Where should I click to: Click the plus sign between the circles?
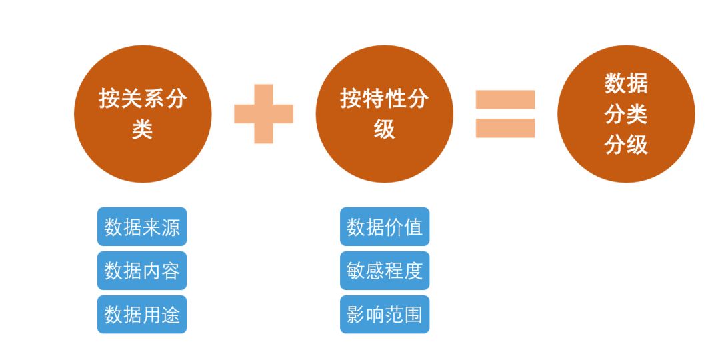(264, 113)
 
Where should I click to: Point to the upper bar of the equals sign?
(505, 99)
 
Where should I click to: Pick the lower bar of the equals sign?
(505, 128)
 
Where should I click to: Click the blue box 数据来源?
(142, 227)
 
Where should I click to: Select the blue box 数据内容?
(142, 271)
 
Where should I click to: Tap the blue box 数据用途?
(142, 314)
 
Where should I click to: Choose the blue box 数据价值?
(385, 227)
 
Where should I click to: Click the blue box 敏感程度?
(385, 271)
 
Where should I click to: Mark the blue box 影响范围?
(385, 314)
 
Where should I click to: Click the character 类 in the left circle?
(143, 128)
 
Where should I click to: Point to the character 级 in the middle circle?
(385, 128)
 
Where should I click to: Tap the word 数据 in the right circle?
(626, 84)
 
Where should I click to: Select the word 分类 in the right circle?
(626, 114)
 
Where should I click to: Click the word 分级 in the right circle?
(626, 144)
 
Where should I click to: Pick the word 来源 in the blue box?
(161, 227)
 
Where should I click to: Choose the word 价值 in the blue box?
(404, 227)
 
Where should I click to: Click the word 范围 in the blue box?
(404, 314)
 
